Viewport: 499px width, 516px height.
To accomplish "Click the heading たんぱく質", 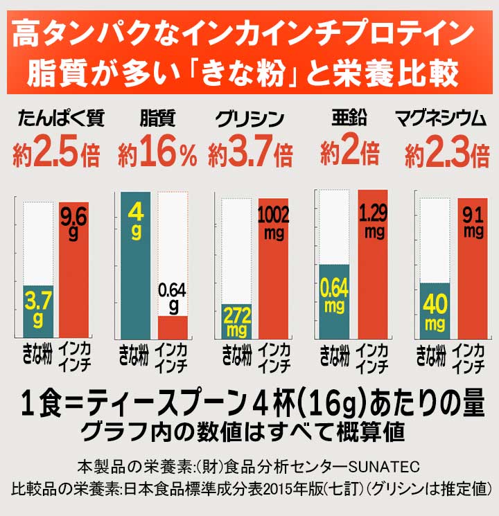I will tap(61, 119).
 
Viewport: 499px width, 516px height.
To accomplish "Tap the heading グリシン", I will tap(248, 119).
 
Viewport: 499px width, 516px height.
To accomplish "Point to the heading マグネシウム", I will tap(441, 119).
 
